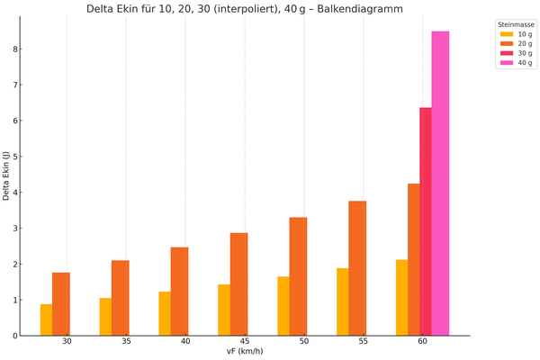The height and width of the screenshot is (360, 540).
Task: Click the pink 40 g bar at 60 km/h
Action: click(440, 184)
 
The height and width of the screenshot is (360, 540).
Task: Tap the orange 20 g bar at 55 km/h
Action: click(357, 268)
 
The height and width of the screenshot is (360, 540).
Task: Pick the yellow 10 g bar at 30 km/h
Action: click(46, 320)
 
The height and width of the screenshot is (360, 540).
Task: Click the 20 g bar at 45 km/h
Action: click(238, 284)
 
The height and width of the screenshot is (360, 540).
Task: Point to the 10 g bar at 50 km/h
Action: click(283, 306)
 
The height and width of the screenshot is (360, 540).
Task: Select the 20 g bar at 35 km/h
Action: click(121, 298)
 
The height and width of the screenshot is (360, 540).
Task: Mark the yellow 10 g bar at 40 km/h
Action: click(165, 313)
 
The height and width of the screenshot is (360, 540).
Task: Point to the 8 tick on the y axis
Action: click(14, 49)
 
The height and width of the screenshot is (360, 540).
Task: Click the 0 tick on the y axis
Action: click(14, 336)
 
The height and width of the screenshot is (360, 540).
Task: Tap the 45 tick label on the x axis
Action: click(245, 343)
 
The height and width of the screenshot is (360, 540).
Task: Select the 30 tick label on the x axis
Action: click(67, 343)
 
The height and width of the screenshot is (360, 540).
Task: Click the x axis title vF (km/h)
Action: click(245, 353)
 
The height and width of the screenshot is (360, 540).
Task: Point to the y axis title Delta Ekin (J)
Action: click(6, 176)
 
